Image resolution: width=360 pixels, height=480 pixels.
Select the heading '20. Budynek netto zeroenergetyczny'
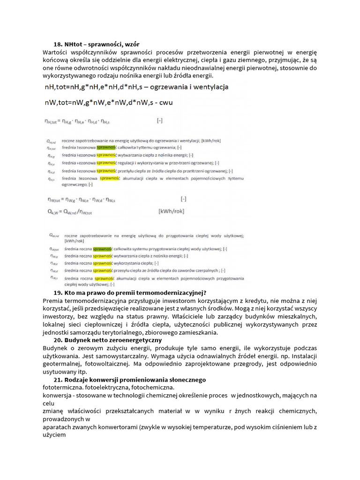click(107, 339)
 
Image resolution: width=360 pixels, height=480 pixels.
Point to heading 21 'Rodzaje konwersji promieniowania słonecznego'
click(129, 379)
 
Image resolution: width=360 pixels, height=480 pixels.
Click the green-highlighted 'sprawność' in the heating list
click(106, 147)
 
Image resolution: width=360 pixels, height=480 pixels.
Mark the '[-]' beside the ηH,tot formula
click(160, 120)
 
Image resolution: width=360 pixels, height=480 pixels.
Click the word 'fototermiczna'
click(63, 388)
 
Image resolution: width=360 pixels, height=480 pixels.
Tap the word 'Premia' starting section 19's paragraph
click(55, 300)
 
